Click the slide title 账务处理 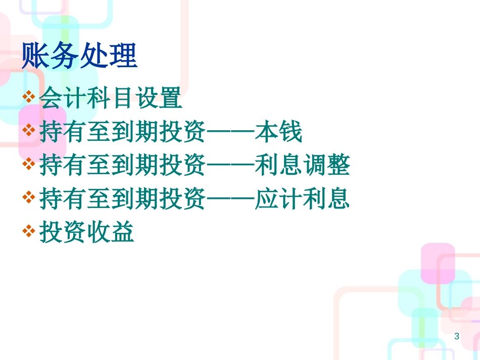80,55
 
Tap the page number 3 457,336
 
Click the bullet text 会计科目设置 111,98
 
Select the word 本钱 278,131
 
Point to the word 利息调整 303,165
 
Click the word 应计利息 303,198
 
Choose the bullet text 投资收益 87,232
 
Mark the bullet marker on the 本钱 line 29,130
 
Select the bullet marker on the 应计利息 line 29,197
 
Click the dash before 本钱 231,132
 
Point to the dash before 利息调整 231,165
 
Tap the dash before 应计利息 231,199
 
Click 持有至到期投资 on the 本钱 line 123,131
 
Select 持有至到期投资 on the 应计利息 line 123,198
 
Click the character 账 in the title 35,55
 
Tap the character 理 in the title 124,55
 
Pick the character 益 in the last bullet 123,232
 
